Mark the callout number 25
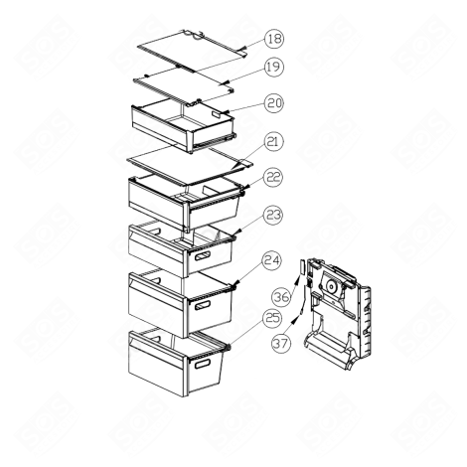point(272,319)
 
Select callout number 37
point(280,344)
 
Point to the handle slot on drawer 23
point(204,258)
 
